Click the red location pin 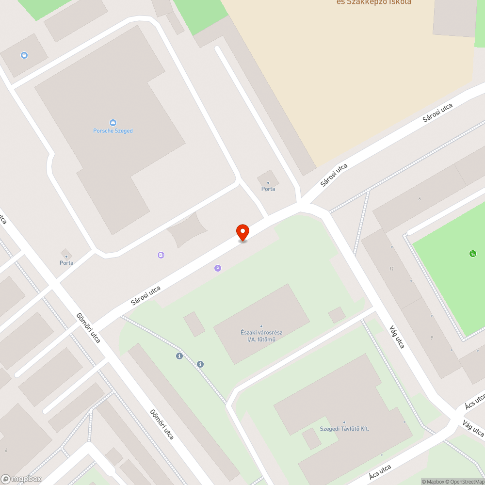pos(242,232)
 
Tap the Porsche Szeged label pos(113,131)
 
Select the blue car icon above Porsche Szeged pos(113,122)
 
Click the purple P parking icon pos(218,268)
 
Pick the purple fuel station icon pos(161,255)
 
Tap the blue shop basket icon pos(24,55)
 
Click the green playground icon pos(472,253)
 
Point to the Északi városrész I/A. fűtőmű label pos(261,336)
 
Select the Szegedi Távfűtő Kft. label pos(344,429)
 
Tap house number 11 pos(391,269)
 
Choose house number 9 pos(431,338)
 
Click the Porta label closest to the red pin pos(268,189)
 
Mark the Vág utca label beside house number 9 pos(396,337)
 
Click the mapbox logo pos(21,479)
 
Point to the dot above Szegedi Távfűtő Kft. pos(344,422)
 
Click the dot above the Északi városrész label pos(261,326)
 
